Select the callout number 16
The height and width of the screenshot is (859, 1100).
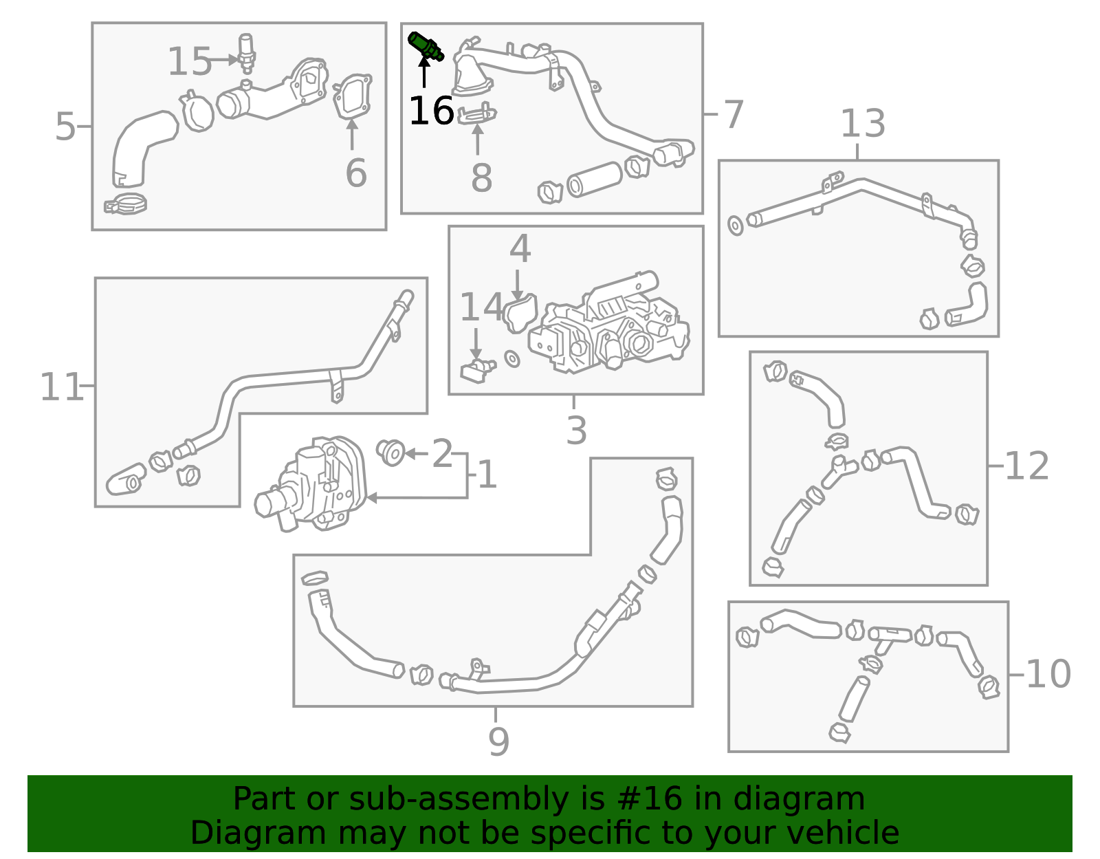431,110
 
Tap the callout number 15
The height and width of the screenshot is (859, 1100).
189,62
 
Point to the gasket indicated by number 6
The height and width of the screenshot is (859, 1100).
352,96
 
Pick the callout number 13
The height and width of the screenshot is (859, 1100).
863,123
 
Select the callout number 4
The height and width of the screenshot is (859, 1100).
520,248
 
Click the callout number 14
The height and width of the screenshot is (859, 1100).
481,307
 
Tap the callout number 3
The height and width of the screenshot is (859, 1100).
577,431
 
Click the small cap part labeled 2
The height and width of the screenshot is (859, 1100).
390,453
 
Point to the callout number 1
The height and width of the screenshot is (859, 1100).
487,475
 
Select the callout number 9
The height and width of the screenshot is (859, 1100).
498,741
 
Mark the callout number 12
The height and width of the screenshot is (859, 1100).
1026,466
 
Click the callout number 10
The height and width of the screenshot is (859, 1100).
1048,674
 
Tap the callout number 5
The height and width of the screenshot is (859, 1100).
65,126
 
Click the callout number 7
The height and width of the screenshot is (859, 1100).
734,114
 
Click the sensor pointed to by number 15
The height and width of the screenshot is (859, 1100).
246,53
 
